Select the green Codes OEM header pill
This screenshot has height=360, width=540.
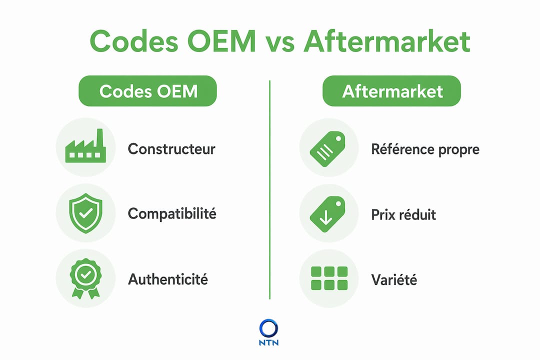tap(147, 91)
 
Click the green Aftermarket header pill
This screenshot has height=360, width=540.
tap(391, 91)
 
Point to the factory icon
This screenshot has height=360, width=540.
tap(85, 146)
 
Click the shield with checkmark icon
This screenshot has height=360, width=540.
tap(86, 213)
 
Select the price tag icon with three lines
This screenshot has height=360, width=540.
tap(327, 149)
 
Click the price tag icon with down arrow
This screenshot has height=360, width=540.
tap(327, 214)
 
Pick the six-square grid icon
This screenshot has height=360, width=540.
tap(329, 278)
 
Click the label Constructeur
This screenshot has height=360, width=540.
tap(171, 149)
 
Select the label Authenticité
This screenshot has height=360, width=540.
tap(168, 279)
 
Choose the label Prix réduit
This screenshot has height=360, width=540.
tap(403, 214)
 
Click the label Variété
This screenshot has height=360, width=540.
tap(394, 279)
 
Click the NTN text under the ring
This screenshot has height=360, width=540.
tap(268, 343)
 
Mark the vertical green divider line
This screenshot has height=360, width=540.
tap(269, 190)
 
